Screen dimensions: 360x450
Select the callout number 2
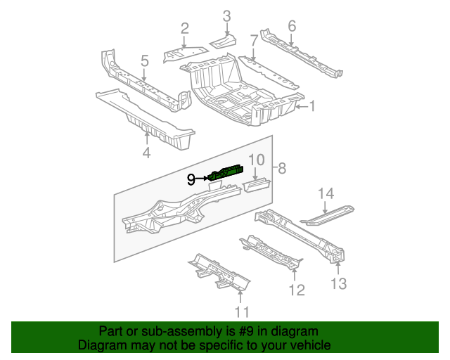pyautogui.click(x=184, y=29)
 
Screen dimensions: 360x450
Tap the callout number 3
pyautogui.click(x=226, y=15)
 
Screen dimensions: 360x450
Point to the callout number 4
pyautogui.click(x=146, y=153)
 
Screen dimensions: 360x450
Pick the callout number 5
pyautogui.click(x=144, y=62)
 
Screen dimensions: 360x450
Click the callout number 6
pyautogui.click(x=292, y=27)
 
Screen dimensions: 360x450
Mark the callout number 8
pyautogui.click(x=282, y=168)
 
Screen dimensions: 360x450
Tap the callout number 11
pyautogui.click(x=241, y=312)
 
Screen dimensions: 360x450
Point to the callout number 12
pyautogui.click(x=297, y=289)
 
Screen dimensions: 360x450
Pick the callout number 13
pyautogui.click(x=339, y=283)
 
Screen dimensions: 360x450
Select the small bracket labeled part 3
pyautogui.click(x=224, y=41)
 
